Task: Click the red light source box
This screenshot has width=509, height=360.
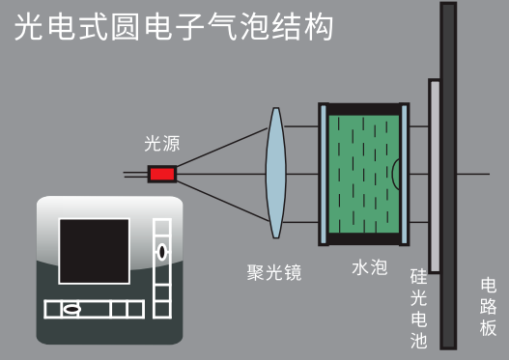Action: click(162, 174)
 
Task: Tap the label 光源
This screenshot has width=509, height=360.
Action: click(162, 144)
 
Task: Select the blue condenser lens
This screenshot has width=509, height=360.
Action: click(276, 173)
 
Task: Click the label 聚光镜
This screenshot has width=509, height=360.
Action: click(274, 272)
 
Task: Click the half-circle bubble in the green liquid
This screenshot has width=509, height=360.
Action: click(395, 174)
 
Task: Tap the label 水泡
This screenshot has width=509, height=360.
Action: click(370, 268)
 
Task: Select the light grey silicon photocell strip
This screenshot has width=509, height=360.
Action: click(435, 176)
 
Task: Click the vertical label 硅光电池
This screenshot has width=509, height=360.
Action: click(419, 309)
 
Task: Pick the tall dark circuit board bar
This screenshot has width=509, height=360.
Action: click(448, 176)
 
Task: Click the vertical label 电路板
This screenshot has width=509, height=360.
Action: click(488, 307)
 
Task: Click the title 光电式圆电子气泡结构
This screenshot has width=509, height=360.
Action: click(174, 27)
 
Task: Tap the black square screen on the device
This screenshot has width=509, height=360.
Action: click(94, 251)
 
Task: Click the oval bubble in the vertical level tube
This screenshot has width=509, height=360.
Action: click(162, 251)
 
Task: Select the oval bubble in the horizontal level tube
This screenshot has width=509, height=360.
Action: click(71, 309)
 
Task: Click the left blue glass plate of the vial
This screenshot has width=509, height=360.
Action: click(324, 174)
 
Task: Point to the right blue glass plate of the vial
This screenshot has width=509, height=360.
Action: click(404, 174)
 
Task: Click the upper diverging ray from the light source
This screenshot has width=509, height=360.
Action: click(222, 148)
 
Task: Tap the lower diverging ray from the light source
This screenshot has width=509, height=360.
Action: click(223, 201)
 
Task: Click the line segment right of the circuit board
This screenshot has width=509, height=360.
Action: click(473, 174)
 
